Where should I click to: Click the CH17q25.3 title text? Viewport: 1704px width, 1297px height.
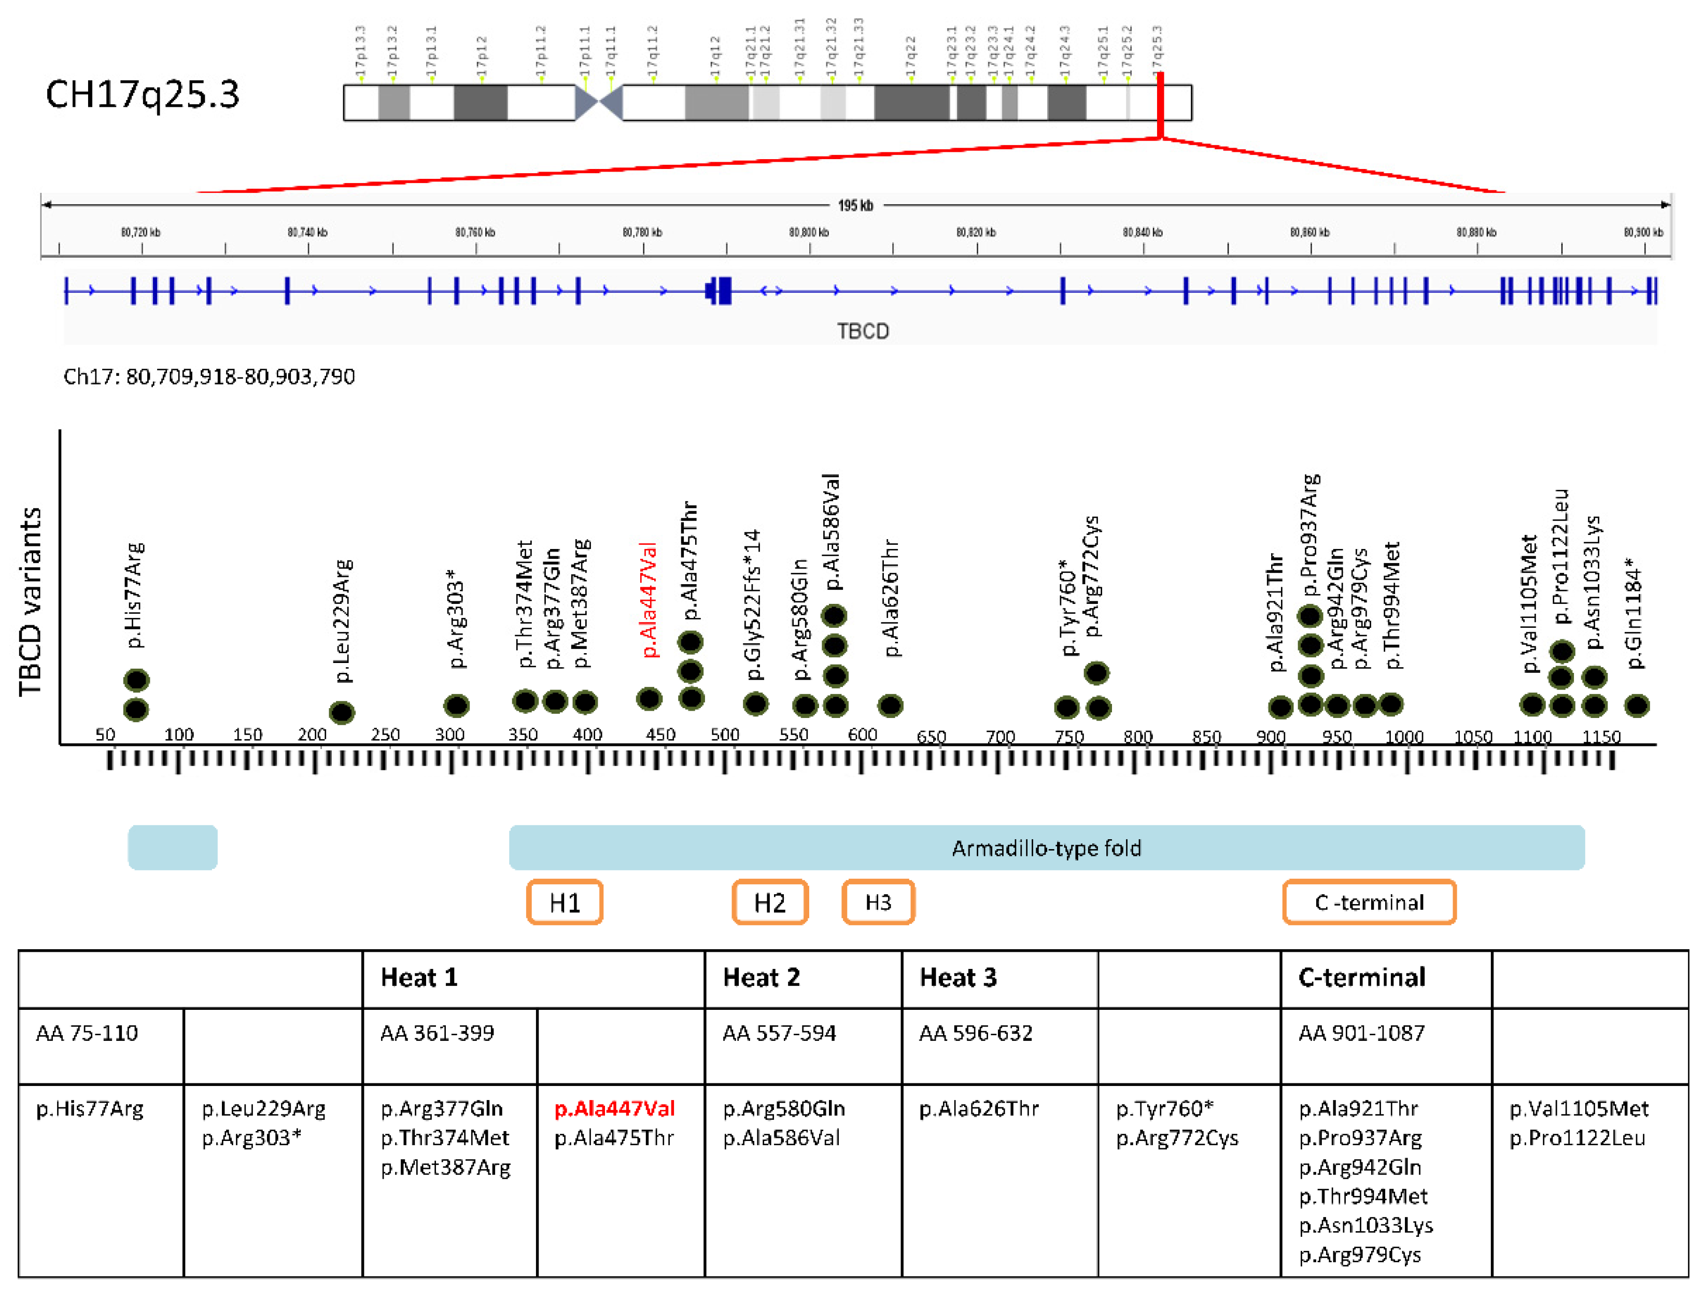tap(143, 95)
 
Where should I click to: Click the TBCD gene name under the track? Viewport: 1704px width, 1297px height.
tap(863, 331)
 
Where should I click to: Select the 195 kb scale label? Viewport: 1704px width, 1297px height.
tap(855, 205)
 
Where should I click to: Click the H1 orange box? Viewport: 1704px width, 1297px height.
tap(565, 901)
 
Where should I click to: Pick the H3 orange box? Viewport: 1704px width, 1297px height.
tap(878, 901)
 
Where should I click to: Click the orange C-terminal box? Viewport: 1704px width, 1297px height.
tap(1369, 901)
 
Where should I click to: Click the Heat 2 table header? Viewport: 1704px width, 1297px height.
tap(762, 977)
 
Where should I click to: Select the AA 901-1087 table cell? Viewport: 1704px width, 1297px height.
tap(1361, 1033)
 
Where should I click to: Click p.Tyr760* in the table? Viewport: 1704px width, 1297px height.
tap(1164, 1109)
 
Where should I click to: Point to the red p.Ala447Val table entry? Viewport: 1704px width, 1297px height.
tap(615, 1109)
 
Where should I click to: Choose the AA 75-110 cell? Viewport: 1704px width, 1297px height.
tap(87, 1033)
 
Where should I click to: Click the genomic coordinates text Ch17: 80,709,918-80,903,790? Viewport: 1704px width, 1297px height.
tap(209, 377)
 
